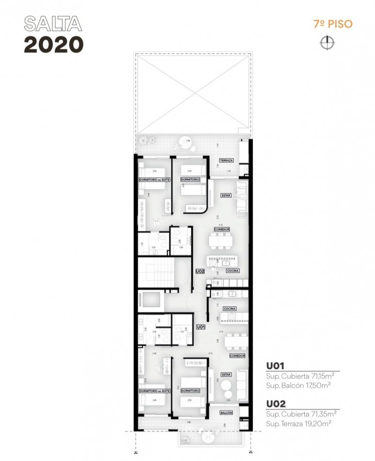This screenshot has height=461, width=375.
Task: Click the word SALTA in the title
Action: [x=53, y=24]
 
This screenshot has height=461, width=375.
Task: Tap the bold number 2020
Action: [x=53, y=45]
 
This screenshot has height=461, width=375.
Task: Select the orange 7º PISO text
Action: [x=333, y=24]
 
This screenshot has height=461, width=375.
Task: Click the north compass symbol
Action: [x=327, y=43]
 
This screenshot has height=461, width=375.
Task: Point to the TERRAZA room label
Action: [x=227, y=161]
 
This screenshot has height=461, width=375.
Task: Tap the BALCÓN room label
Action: [x=226, y=413]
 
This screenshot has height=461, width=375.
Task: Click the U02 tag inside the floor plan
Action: [x=200, y=272]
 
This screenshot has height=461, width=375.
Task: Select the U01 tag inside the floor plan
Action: [x=200, y=328]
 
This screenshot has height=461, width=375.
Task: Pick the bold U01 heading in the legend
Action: [x=275, y=366]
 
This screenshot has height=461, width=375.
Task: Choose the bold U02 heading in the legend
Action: [x=275, y=404]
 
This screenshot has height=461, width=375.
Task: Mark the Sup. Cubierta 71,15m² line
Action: [x=301, y=376]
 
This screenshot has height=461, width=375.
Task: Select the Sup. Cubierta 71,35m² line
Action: [x=301, y=414]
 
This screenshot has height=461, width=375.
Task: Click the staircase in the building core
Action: [x=156, y=273]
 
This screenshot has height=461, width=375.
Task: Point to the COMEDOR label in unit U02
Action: [x=222, y=229]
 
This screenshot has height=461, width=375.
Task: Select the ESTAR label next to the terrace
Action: [x=226, y=196]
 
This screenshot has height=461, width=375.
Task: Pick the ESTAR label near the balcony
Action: [x=226, y=375]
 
